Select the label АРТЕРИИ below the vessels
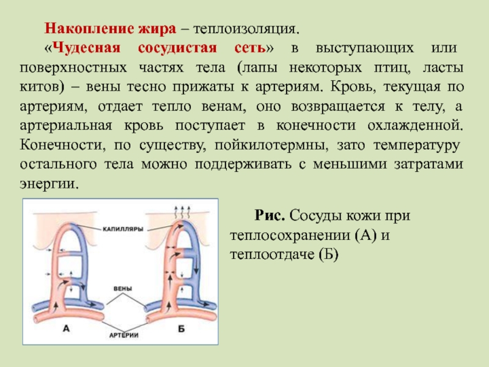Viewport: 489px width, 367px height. (x=123, y=336)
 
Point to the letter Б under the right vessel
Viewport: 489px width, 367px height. (x=182, y=329)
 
